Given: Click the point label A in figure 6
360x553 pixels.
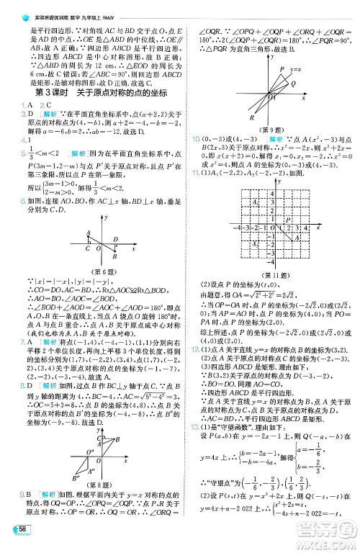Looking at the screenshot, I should point(88,232).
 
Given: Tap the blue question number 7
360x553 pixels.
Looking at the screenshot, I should point(5,323).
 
